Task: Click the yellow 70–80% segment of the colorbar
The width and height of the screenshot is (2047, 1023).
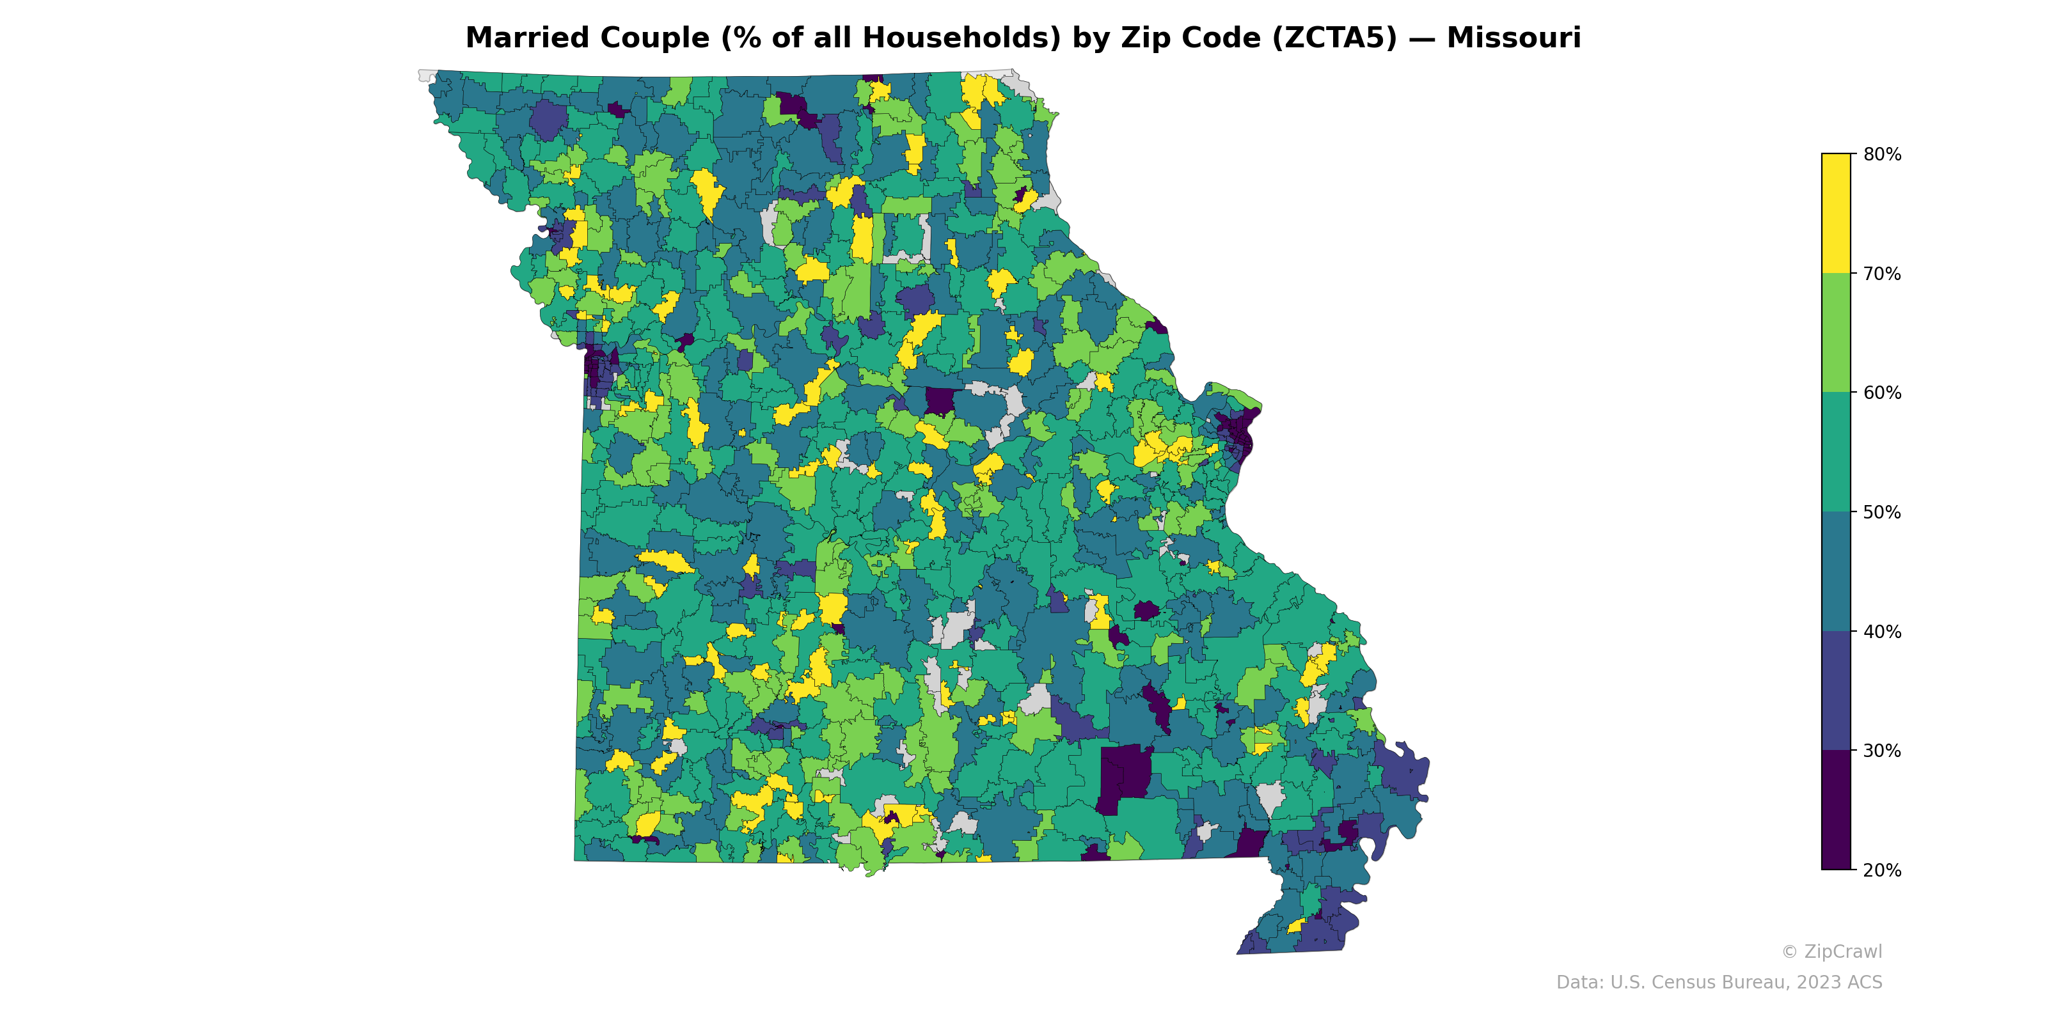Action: (1836, 214)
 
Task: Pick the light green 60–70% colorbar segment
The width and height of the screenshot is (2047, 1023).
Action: (1836, 332)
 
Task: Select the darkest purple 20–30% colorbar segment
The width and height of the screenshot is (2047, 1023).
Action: (1836, 810)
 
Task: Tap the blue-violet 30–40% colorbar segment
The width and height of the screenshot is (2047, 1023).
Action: (1836, 691)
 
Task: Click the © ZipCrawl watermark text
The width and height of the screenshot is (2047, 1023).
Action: (1831, 951)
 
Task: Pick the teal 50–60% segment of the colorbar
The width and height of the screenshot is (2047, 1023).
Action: (1836, 452)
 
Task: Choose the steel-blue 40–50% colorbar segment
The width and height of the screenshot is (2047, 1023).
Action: (1836, 572)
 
